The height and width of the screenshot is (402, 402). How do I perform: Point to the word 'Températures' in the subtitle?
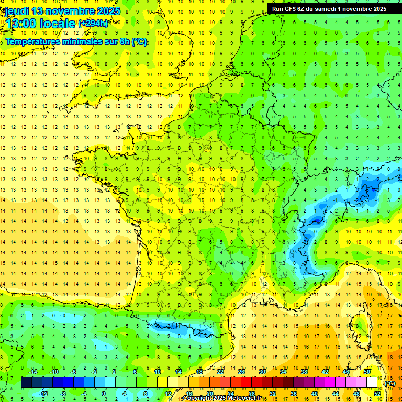[x=31, y=41]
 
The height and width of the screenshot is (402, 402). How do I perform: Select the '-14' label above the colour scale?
[x=33, y=372]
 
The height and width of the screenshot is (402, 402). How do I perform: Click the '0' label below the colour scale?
[x=103, y=394]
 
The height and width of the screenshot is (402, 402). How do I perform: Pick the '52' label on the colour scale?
[x=378, y=394]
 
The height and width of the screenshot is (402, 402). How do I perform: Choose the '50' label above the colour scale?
[x=367, y=372]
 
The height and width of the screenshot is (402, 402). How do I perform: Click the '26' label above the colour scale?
[x=241, y=372]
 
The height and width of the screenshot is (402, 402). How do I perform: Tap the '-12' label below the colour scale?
[x=44, y=394]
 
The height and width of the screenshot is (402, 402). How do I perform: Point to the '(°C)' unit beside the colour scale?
[x=390, y=383]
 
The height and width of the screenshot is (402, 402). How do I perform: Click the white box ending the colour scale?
[x=372, y=383]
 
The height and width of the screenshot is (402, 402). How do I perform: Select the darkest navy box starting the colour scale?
[x=26, y=383]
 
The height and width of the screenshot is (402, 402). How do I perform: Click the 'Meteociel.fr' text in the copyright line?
[x=244, y=398]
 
